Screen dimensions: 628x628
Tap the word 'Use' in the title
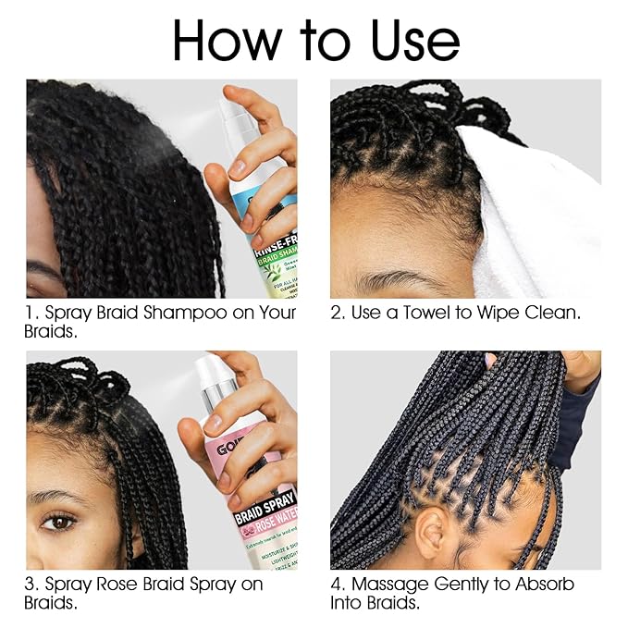tap(406, 41)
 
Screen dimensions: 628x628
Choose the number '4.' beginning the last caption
tap(339, 584)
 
